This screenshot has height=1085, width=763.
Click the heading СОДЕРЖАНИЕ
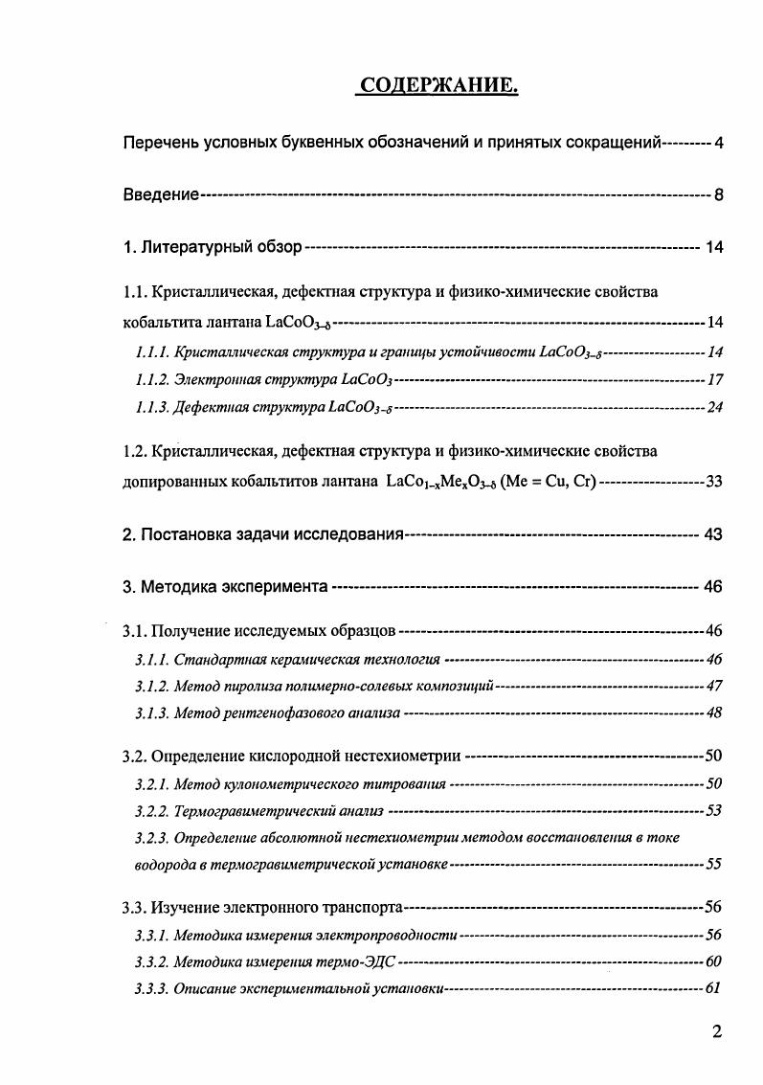click(x=438, y=87)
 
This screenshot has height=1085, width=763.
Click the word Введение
click(x=162, y=195)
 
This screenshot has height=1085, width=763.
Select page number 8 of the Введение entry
click(x=717, y=195)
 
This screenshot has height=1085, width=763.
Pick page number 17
click(x=713, y=380)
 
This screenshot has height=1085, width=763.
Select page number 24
click(x=713, y=408)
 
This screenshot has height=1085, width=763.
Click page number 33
click(x=713, y=481)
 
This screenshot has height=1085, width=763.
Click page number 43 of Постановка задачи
click(x=712, y=533)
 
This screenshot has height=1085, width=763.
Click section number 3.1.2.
click(x=152, y=686)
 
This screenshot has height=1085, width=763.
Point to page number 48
click(x=713, y=712)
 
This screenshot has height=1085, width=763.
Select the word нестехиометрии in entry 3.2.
click(x=403, y=757)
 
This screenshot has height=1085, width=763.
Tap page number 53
click(x=713, y=811)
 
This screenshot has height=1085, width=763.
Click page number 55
click(x=713, y=864)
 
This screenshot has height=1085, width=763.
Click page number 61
click(x=712, y=987)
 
